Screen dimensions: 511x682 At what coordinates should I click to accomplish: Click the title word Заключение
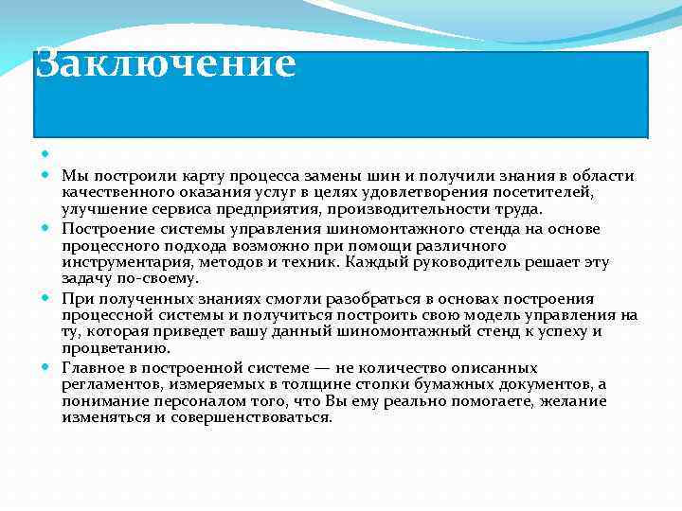[x=166, y=64]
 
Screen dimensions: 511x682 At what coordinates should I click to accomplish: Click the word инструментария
[x=118, y=262]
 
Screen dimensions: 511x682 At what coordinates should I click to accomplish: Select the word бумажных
[x=504, y=383]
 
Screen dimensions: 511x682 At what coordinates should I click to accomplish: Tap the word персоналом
[x=175, y=400]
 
